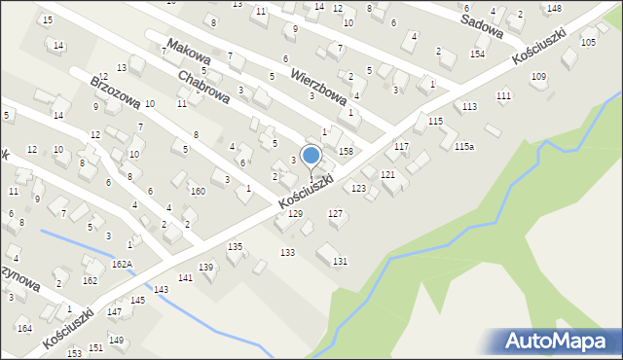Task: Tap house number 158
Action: (x=345, y=152)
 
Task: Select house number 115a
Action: (x=464, y=146)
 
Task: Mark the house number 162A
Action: (x=122, y=264)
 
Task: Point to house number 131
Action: (x=340, y=262)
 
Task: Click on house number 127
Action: (x=335, y=213)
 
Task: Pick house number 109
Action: (x=538, y=77)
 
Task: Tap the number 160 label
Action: (x=198, y=191)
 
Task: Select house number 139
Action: (x=206, y=267)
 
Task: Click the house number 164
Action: (x=24, y=329)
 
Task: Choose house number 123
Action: (x=358, y=189)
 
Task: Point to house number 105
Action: (x=588, y=43)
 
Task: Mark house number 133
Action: (x=287, y=252)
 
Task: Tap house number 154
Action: (x=477, y=54)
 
